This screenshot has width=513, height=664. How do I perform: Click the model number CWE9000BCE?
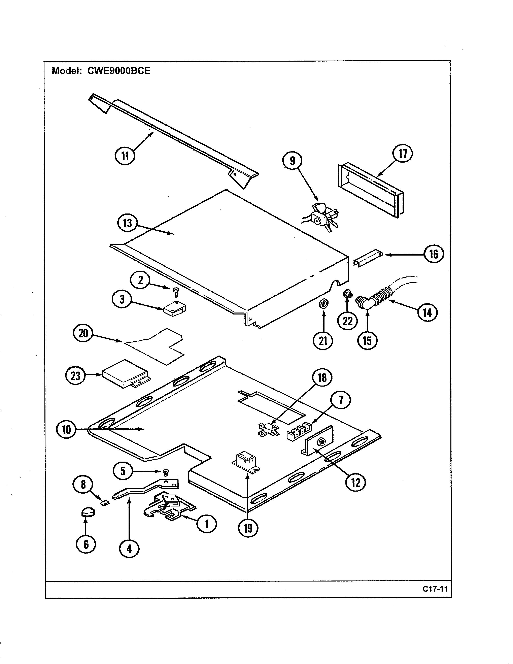pos(119,71)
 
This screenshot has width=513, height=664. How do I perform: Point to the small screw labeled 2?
pos(175,292)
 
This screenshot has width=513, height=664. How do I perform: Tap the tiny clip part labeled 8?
pos(105,503)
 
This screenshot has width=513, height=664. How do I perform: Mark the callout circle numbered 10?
pos(66,430)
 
